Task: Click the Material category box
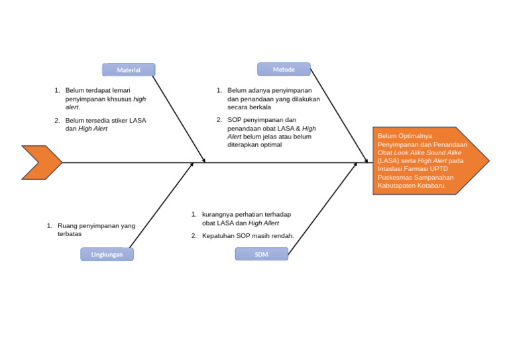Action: tap(129, 70)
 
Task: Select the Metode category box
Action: tap(284, 69)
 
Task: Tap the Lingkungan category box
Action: tap(107, 254)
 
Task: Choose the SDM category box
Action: tap(261, 254)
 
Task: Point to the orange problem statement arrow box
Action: tap(430, 160)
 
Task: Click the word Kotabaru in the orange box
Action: tap(431, 186)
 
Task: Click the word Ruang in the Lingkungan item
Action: tap(67, 225)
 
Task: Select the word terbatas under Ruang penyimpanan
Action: tap(70, 234)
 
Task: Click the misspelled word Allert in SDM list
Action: tap(270, 223)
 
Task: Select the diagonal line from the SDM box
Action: tap(322, 208)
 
